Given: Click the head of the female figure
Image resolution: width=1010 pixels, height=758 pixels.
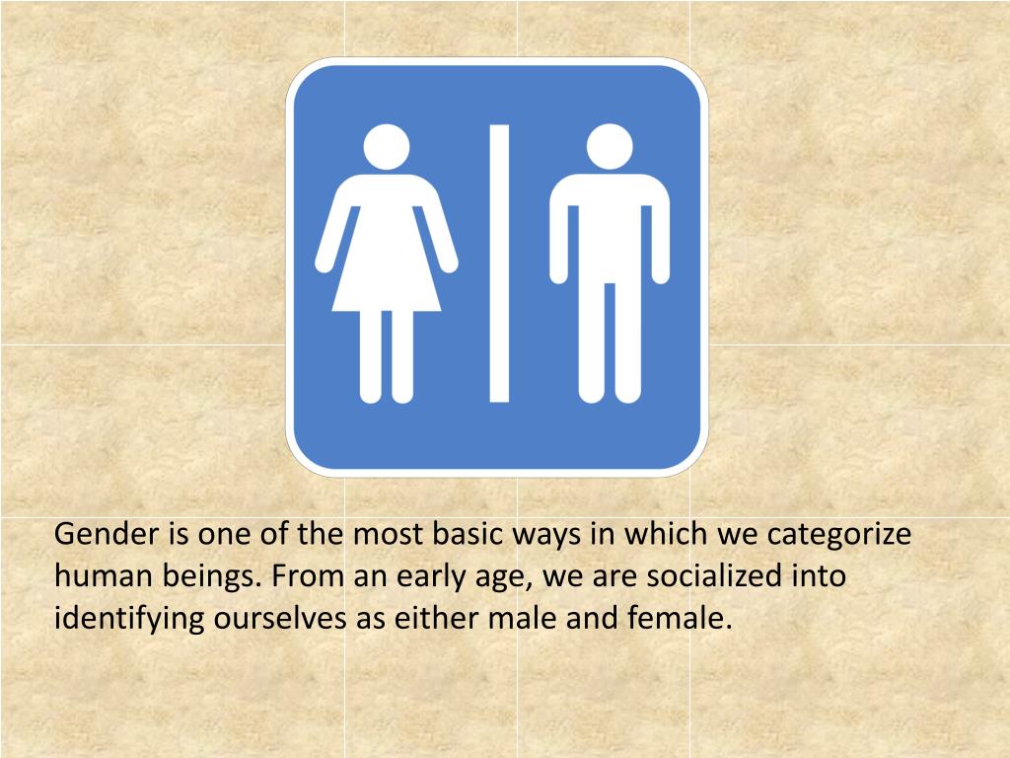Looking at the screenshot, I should pyautogui.click(x=386, y=146).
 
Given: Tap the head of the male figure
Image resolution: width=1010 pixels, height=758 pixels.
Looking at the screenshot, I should pyautogui.click(x=610, y=146).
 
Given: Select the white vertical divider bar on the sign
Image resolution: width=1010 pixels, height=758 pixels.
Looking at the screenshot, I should pyautogui.click(x=499, y=264).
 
